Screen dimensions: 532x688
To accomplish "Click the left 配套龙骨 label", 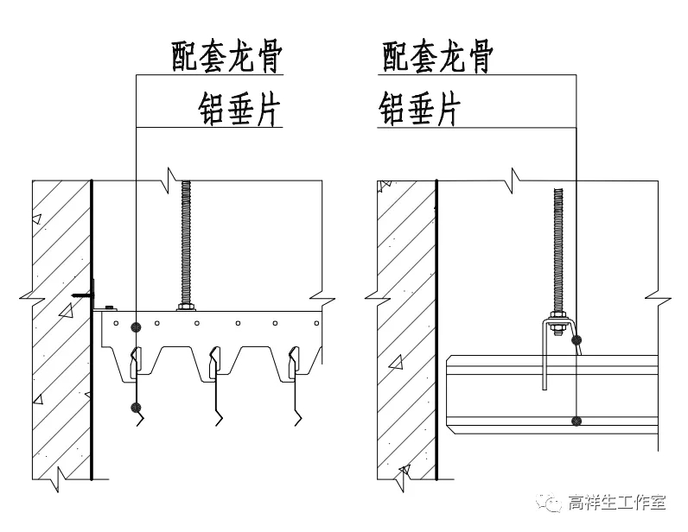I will [227, 57].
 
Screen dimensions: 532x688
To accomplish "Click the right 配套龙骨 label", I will [436, 57].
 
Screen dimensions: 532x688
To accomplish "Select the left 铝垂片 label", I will [240, 110].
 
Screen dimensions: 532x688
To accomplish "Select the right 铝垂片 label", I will [418, 110].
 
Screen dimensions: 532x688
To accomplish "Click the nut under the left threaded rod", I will [185, 306].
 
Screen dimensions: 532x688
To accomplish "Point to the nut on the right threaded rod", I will [557, 326].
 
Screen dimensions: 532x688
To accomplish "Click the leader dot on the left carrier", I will [136, 326].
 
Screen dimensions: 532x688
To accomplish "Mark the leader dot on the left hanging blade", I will [136, 407].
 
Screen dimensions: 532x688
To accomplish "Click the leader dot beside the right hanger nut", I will [577, 339].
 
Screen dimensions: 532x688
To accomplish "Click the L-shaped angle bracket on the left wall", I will [85, 295].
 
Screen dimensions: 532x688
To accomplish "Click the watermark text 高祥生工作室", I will [616, 501].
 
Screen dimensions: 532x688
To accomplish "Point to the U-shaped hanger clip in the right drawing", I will [545, 354].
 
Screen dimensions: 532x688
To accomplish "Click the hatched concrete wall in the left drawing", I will [61, 363].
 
